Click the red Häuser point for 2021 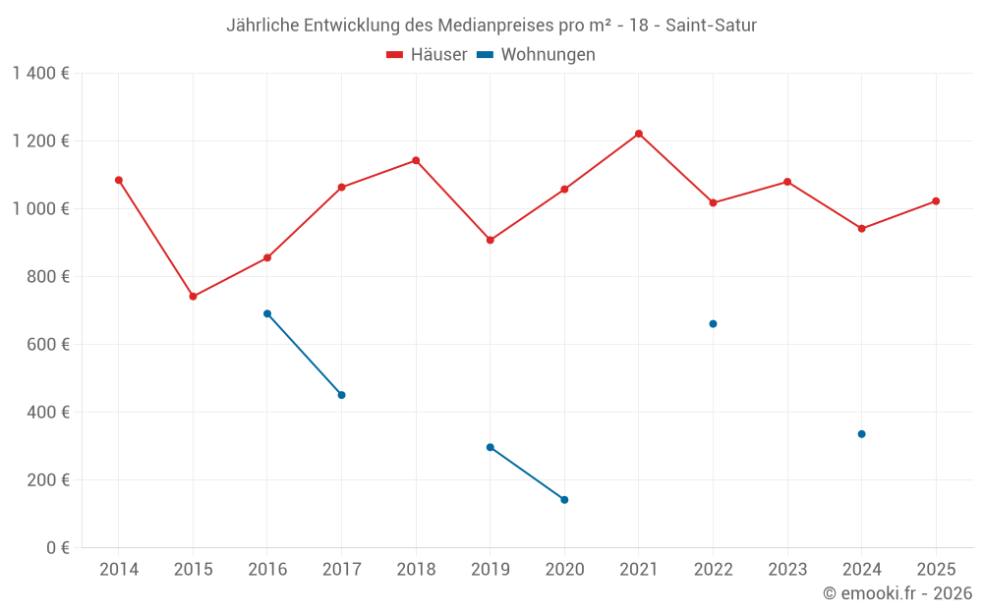tap(639, 134)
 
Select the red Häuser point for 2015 tap(193, 297)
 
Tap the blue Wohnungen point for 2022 tap(713, 324)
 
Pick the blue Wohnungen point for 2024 tap(861, 434)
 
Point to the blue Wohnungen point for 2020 tap(564, 500)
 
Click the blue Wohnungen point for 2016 tap(267, 313)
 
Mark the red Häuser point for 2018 tap(416, 160)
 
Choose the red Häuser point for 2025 tap(936, 201)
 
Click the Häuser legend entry tap(427, 55)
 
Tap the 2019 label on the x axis tap(490, 570)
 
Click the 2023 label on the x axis tap(786, 570)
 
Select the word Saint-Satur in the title tap(711, 26)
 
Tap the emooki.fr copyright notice tap(897, 593)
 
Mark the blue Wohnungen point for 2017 tap(341, 395)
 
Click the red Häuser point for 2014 tap(119, 180)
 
